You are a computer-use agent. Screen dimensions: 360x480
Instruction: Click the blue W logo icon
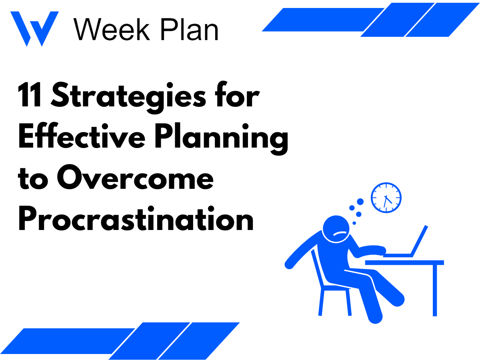coord(34,28)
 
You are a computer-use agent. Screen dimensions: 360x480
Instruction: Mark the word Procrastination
coord(136,220)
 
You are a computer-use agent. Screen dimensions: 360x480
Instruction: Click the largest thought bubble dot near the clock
coord(360,202)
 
